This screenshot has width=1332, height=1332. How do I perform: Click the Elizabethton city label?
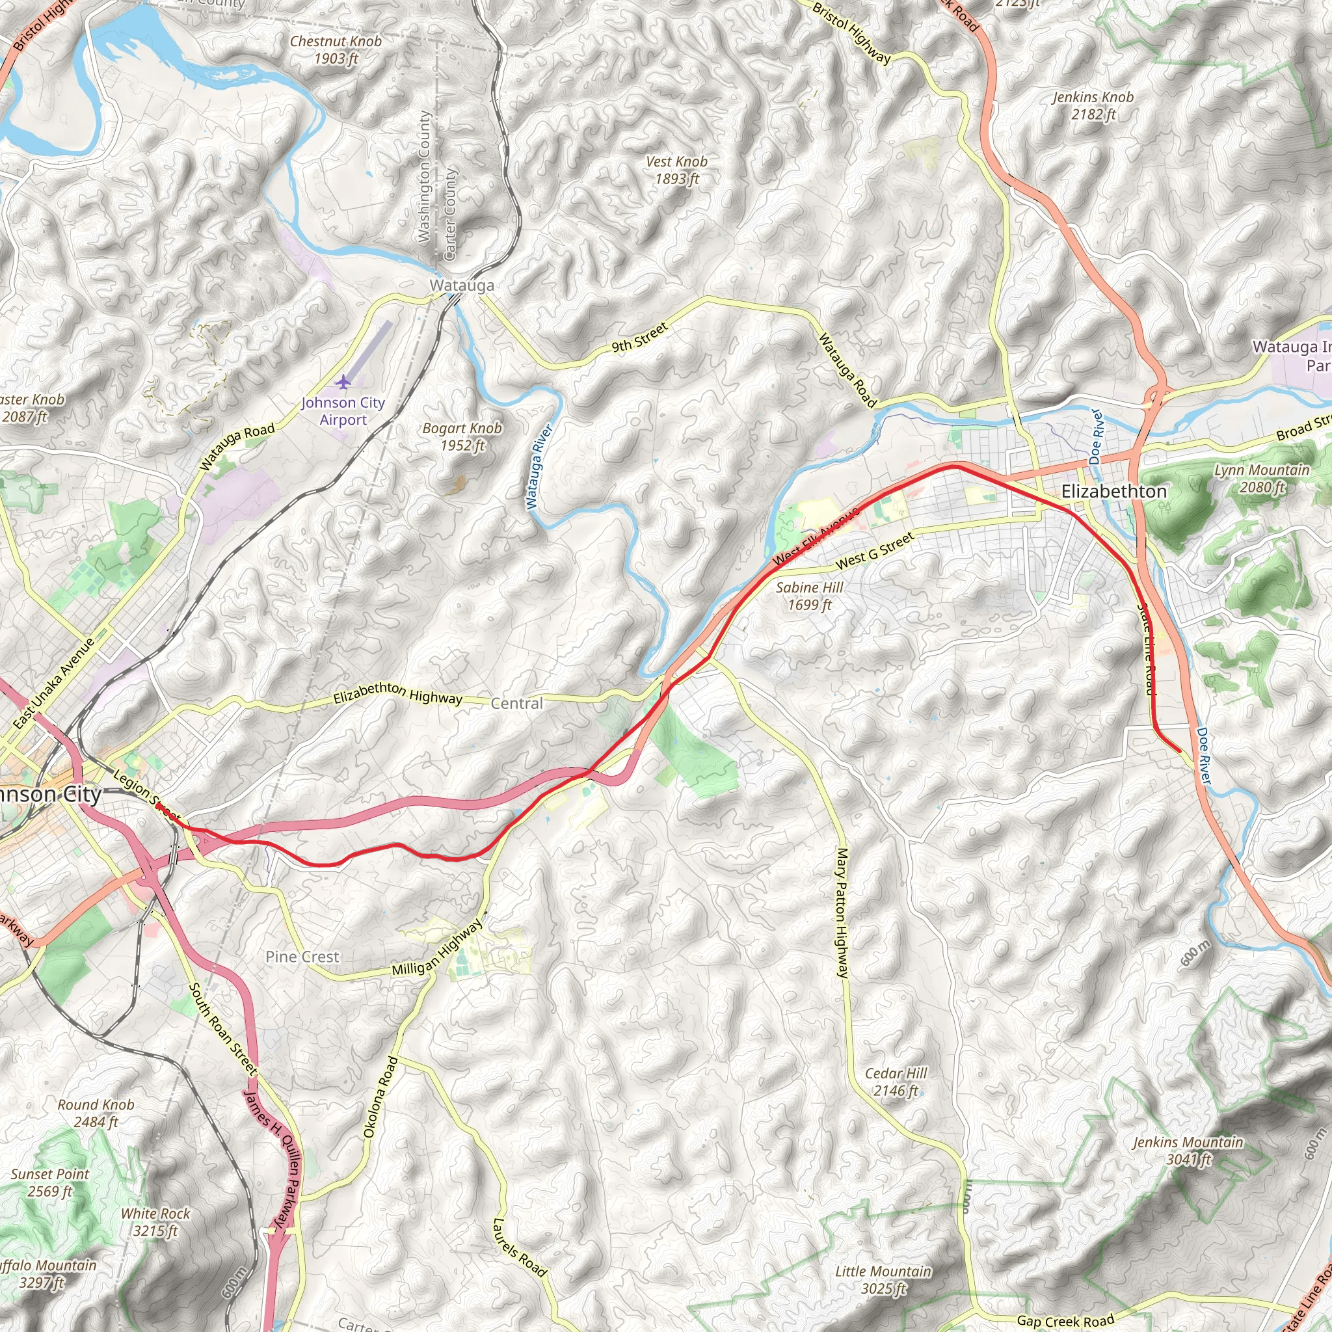pyautogui.click(x=1113, y=492)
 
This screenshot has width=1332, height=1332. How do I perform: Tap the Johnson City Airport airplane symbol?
pyautogui.click(x=343, y=381)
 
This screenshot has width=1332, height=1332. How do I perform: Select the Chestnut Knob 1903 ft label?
pyautogui.click(x=336, y=49)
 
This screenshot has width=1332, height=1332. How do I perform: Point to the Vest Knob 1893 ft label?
pyautogui.click(x=676, y=170)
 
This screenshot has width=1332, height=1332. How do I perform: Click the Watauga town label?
pyautogui.click(x=461, y=286)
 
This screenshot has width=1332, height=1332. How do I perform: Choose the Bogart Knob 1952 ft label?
pyautogui.click(x=462, y=436)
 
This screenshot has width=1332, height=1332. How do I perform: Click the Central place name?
pyautogui.click(x=516, y=703)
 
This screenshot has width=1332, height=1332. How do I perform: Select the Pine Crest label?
pyautogui.click(x=302, y=957)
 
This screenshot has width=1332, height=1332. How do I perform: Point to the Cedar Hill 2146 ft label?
pyautogui.click(x=896, y=1082)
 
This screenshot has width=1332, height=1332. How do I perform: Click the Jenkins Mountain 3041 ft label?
pyautogui.click(x=1188, y=1151)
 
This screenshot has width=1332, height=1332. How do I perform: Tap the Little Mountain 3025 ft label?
pyautogui.click(x=883, y=1279)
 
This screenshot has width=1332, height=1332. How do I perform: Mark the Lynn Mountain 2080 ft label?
pyautogui.click(x=1261, y=479)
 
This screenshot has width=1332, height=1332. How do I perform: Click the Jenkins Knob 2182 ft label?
pyautogui.click(x=1093, y=105)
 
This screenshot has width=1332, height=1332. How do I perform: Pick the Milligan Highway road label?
pyautogui.click(x=437, y=949)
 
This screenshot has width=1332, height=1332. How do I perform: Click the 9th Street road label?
pyautogui.click(x=640, y=337)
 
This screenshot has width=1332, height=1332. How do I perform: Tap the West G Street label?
pyautogui.click(x=874, y=550)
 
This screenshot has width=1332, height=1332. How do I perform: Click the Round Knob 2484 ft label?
pyautogui.click(x=96, y=1113)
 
